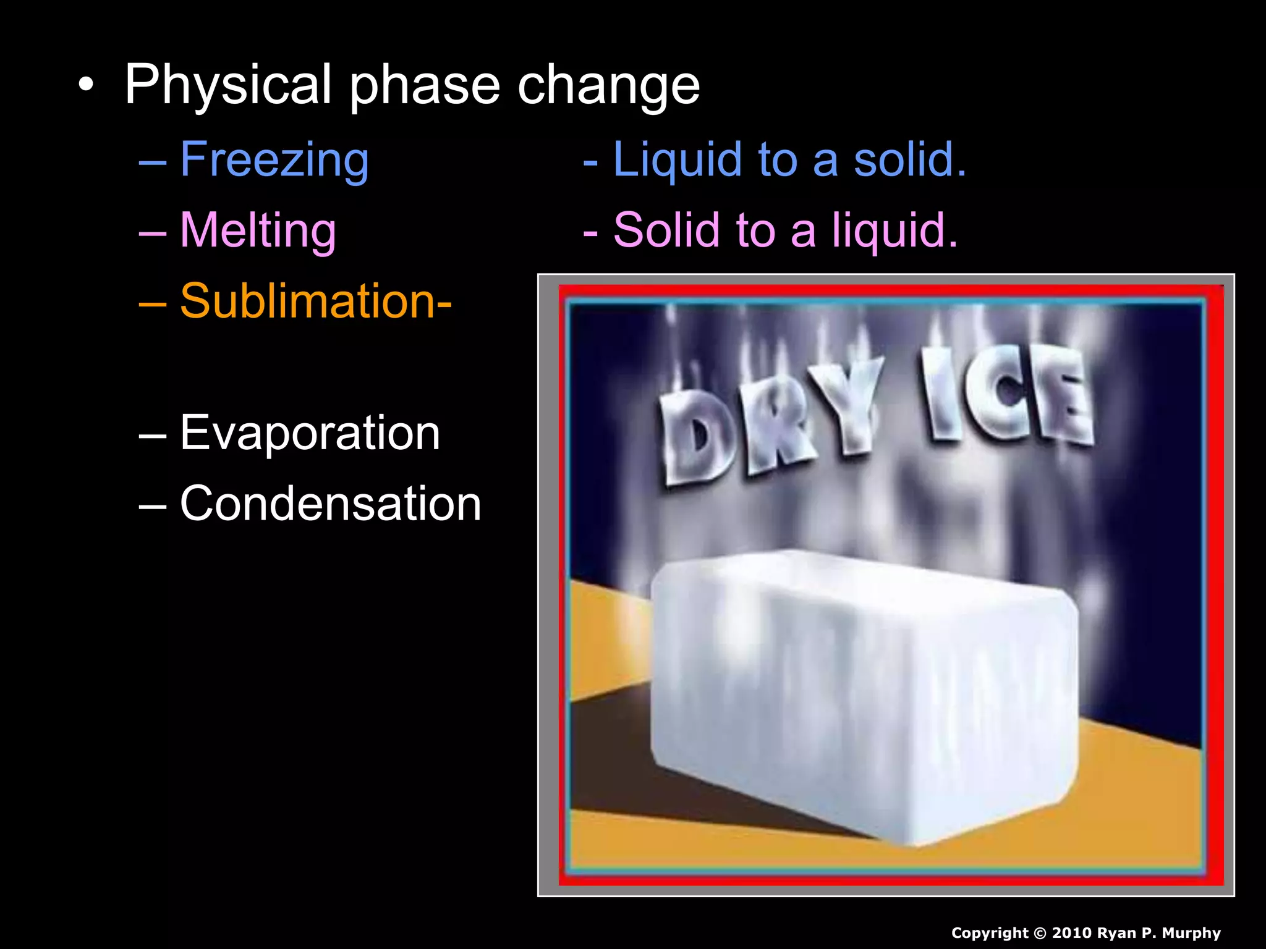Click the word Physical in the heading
coord(228,85)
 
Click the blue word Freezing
coord(274,160)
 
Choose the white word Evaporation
coord(310,432)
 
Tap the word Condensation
coord(330,504)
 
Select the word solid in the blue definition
coord(909,160)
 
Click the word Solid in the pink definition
coord(667,230)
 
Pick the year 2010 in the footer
coord(1071,933)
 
